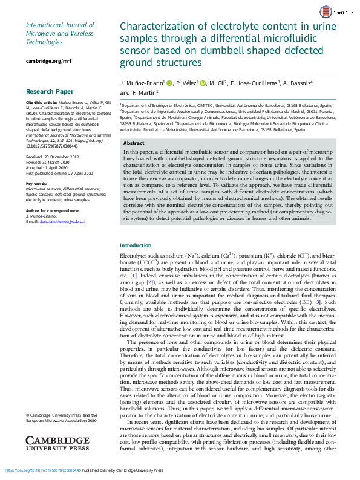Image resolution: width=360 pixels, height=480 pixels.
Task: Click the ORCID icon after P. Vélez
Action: point(203,83)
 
